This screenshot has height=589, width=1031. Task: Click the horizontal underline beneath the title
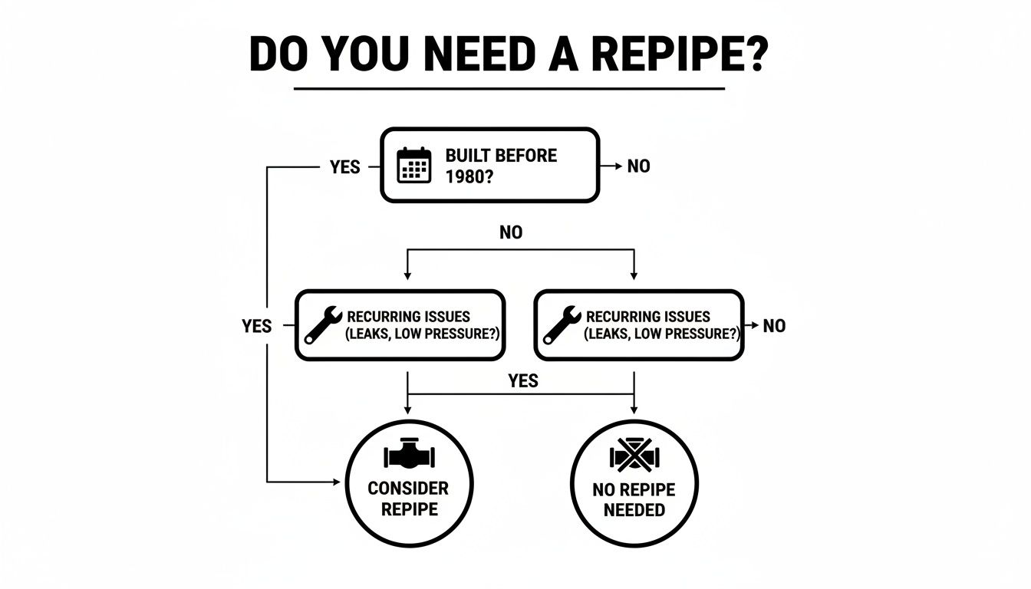(x=509, y=88)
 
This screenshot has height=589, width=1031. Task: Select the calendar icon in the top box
(x=413, y=165)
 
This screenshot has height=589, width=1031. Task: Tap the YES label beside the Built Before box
(x=344, y=166)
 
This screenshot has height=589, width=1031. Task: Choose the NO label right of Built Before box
(x=638, y=166)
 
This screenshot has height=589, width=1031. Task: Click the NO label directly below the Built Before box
(x=511, y=232)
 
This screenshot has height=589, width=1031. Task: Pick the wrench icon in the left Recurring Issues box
(x=324, y=324)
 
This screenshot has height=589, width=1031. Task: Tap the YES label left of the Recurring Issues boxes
(x=256, y=326)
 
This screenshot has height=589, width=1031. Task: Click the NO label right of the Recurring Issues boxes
(x=774, y=326)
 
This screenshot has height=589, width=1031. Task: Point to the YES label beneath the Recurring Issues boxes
(x=523, y=380)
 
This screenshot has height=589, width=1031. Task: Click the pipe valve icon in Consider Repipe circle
(x=409, y=456)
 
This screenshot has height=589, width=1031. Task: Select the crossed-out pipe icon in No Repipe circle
(x=634, y=456)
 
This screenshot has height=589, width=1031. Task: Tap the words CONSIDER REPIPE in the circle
(x=408, y=499)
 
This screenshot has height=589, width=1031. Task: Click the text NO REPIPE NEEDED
(x=634, y=500)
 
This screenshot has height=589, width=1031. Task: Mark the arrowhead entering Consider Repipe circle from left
(x=335, y=482)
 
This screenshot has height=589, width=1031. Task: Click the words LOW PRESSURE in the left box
(x=446, y=334)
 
